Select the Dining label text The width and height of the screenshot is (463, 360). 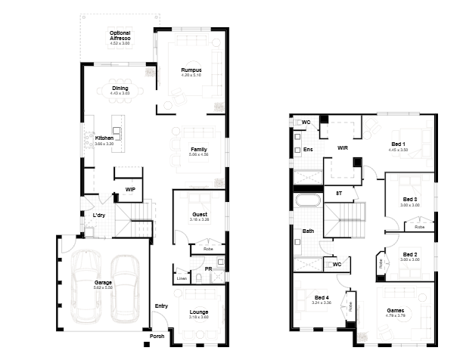[120, 88]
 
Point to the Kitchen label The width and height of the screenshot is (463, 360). [104, 138]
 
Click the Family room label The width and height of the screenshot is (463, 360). [199, 149]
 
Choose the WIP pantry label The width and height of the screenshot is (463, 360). [130, 189]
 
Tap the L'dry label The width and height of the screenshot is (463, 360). [98, 216]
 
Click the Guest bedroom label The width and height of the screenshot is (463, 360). [200, 214]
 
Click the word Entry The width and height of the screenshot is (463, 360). [161, 306]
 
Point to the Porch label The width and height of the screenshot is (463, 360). [157, 336]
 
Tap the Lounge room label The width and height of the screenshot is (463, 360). [199, 312]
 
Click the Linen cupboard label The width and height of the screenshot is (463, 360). [181, 278]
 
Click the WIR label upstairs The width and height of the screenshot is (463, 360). [342, 148]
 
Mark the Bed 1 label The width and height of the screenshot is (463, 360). [398, 144]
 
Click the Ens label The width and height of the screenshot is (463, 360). [308, 149]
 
